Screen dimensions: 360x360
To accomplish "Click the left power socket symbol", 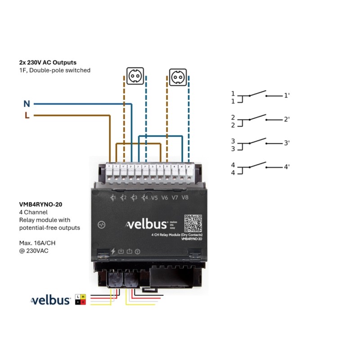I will (134, 76).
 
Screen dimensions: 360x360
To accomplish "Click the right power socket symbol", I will (178, 76).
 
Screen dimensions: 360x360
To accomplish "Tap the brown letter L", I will (27, 116).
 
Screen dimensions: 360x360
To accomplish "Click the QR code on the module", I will (193, 223).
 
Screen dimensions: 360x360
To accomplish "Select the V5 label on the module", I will (154, 198).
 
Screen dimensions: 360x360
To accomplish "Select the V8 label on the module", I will (185, 198).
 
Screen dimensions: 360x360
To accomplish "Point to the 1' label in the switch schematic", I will (286, 96).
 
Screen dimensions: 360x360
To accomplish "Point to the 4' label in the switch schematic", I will (286, 167).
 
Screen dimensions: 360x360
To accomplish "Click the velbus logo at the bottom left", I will (50, 300).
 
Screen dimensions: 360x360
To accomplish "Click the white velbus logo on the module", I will (145, 224).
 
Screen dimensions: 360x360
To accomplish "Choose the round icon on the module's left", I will (102, 224).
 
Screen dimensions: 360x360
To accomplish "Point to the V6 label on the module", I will (165, 198).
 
